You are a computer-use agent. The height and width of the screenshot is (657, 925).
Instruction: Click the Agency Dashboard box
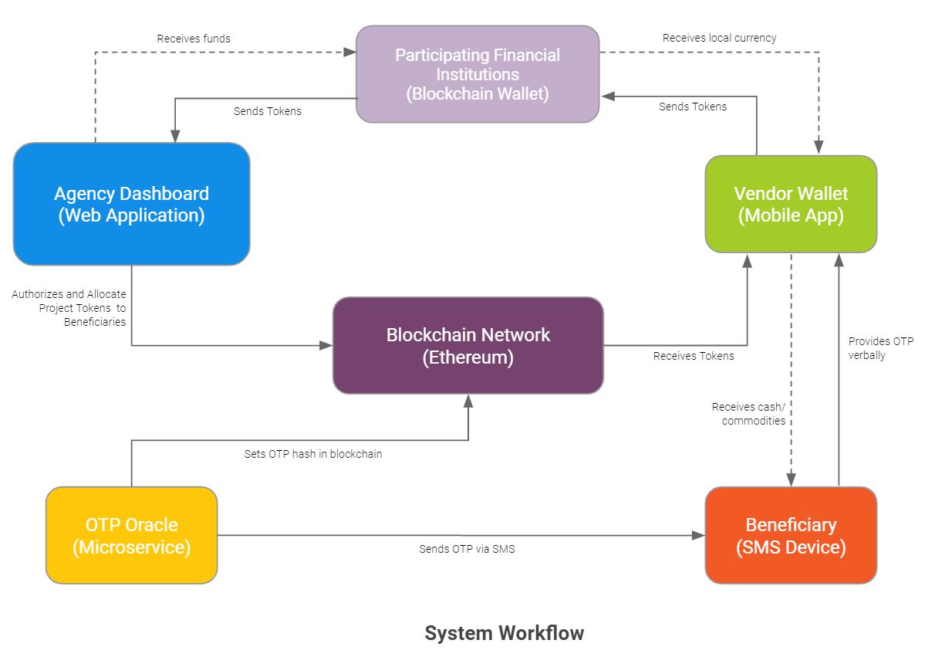point(132,204)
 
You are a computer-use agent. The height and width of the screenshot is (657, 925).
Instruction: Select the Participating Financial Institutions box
point(478,74)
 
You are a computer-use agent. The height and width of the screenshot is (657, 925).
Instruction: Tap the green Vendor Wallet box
point(791,205)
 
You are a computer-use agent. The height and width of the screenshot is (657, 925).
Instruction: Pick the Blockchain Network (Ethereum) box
point(468,345)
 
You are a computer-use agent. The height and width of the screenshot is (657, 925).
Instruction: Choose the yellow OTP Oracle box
point(132,535)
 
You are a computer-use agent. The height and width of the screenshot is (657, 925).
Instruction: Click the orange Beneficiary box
point(791,535)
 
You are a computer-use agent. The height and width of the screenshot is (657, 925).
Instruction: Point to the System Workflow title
point(505,633)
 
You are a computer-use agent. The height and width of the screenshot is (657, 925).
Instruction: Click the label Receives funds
point(194,39)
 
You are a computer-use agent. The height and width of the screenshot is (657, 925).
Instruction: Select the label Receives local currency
point(719,38)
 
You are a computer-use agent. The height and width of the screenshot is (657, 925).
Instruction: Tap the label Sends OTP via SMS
point(467,549)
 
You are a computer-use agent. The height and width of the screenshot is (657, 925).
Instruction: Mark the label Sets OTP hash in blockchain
point(313,454)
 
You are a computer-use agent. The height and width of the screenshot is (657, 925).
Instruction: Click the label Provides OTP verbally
point(881,348)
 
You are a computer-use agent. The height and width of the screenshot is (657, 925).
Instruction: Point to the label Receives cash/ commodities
point(748,414)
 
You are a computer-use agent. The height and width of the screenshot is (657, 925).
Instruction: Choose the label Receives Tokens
point(694,356)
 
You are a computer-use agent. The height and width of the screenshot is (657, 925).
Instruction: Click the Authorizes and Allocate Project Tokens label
point(69,307)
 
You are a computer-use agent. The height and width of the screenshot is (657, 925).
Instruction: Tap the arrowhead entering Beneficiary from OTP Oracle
point(698,535)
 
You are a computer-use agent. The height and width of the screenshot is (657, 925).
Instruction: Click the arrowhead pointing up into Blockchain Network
point(468,401)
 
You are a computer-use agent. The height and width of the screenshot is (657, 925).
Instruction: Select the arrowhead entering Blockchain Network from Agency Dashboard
point(326,345)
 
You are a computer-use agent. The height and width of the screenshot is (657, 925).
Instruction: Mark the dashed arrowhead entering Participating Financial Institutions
point(349,52)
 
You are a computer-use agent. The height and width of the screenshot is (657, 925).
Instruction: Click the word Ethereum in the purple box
point(468,357)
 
